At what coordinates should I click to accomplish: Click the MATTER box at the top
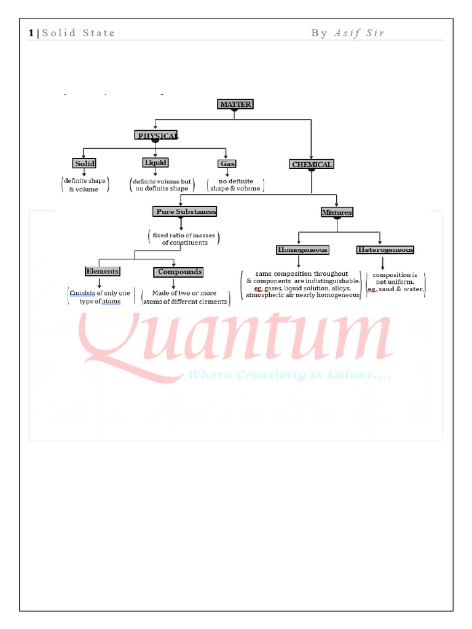(235, 104)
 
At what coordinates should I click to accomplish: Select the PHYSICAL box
(157, 135)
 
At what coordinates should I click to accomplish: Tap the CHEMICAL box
(312, 165)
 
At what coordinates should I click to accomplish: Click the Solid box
(84, 163)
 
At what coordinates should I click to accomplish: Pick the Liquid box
(155, 162)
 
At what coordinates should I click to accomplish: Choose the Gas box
(227, 164)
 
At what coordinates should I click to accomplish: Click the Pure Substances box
(185, 211)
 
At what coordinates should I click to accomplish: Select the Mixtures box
(337, 213)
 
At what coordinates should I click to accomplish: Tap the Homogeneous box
(302, 250)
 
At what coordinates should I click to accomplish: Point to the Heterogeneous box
(385, 250)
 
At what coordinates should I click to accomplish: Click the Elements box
(102, 271)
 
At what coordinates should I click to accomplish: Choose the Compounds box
(179, 272)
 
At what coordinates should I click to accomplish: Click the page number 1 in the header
(31, 33)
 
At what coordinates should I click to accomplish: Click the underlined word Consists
(82, 293)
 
